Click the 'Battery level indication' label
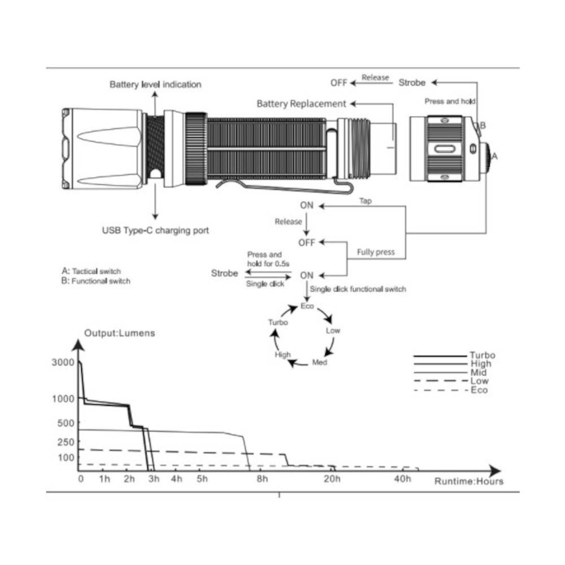pos(155,84)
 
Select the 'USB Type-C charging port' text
pos(155,231)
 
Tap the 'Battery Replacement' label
pos(301,104)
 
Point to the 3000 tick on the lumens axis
pos(63,362)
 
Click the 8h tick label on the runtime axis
pos(262,479)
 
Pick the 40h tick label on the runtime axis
pos(402,479)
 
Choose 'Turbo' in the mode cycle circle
pos(278,322)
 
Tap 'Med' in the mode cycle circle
pos(320,362)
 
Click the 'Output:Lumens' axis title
pos(120,333)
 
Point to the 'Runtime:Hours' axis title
pos(469,481)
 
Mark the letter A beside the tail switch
pos(494,156)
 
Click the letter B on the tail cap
pos(483,125)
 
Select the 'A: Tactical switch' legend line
pos(91,271)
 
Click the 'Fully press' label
pos(376,252)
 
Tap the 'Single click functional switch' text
pos(358,289)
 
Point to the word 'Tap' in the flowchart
pos(366,201)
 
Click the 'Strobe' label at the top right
pos(412,82)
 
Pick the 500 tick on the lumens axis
pos(66,423)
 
